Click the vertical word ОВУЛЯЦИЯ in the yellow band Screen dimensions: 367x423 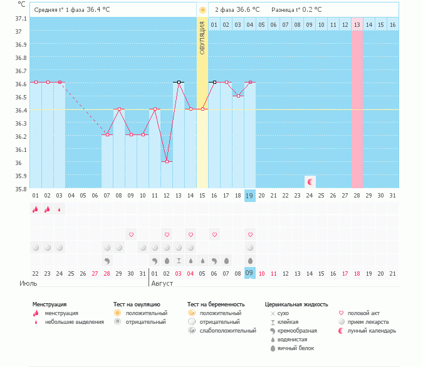(x=202, y=38)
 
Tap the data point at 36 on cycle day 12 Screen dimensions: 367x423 (x=167, y=161)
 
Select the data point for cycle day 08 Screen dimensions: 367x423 (x=119, y=109)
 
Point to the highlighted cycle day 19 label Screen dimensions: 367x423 (x=249, y=196)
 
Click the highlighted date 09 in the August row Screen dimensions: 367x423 (x=249, y=273)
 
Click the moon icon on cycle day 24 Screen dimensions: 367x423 (x=310, y=181)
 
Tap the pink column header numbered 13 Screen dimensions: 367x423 (x=357, y=24)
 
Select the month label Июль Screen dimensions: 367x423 (x=28, y=283)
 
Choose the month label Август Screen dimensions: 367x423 (x=162, y=283)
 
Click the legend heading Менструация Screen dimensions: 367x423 (x=50, y=304)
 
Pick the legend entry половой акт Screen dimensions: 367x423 (x=363, y=313)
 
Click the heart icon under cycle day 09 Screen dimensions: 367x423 (x=131, y=234)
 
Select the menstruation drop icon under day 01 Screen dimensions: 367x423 (x=36, y=209)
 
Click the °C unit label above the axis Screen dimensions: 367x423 (x=21, y=4)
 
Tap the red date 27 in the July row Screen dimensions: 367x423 (x=95, y=273)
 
